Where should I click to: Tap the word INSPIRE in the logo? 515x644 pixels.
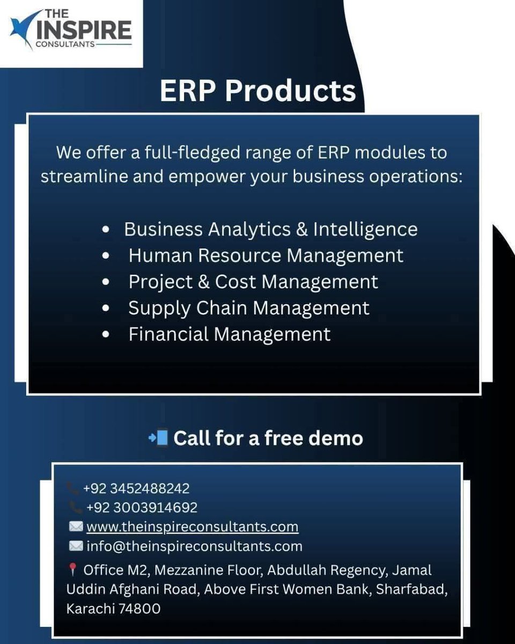click(84, 30)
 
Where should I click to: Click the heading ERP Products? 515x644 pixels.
click(257, 91)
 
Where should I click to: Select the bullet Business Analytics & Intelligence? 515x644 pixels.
click(270, 229)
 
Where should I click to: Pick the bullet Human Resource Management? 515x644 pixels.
click(266, 255)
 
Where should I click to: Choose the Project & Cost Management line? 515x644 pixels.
click(253, 282)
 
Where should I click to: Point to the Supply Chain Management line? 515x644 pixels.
click(248, 308)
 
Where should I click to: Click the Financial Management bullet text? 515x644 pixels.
click(229, 334)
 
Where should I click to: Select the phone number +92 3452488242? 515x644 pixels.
click(136, 488)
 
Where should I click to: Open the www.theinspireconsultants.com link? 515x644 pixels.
click(192, 526)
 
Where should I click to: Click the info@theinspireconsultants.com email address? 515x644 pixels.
click(194, 546)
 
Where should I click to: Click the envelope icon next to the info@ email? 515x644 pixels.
click(76, 546)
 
